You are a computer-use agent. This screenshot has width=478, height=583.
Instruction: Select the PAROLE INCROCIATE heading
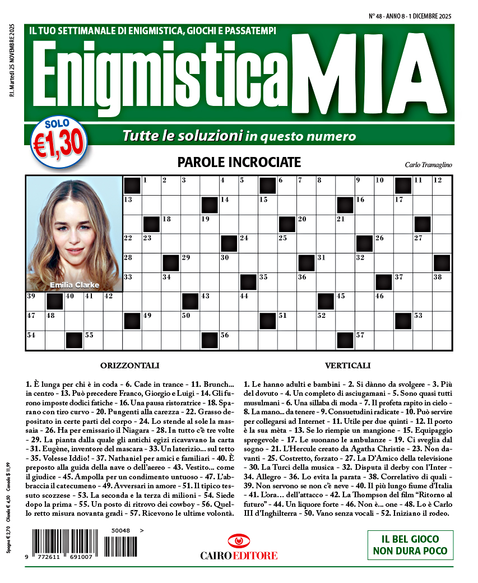click(x=239, y=163)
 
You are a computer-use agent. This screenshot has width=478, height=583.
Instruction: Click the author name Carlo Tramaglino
click(x=428, y=164)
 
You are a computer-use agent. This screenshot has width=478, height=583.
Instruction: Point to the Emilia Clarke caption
click(x=74, y=285)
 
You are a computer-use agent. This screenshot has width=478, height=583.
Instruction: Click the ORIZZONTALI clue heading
click(x=129, y=365)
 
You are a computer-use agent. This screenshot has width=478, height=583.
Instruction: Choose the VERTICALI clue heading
click(x=347, y=365)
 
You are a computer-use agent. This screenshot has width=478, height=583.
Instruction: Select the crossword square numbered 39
click(x=35, y=302)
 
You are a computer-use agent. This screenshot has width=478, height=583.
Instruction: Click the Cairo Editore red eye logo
click(x=239, y=541)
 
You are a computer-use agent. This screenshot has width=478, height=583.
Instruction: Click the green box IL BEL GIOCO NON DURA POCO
click(x=410, y=544)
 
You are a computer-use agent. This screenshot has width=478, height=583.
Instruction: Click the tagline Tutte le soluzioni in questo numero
click(x=239, y=136)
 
